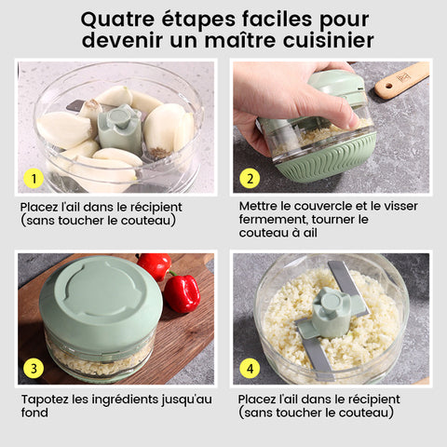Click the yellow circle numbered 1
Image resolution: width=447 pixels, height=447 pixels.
click(34, 178)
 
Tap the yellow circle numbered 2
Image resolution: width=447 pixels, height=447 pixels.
click(250, 179)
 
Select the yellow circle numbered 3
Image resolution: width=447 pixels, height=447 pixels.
click(34, 369)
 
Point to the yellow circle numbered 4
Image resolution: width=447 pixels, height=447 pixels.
click(250, 369)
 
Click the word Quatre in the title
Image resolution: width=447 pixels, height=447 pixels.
click(117, 20)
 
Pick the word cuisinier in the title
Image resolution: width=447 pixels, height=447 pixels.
click(328, 40)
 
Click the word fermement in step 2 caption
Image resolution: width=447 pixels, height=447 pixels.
click(274, 220)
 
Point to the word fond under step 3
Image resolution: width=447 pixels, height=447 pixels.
click(34, 413)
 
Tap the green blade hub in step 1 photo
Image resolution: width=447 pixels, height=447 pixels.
click(120, 129)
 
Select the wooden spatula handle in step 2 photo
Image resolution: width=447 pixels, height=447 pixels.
click(401, 80)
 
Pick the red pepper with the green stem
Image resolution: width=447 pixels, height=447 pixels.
click(182, 291)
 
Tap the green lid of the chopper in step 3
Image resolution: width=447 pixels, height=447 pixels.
click(101, 298)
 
